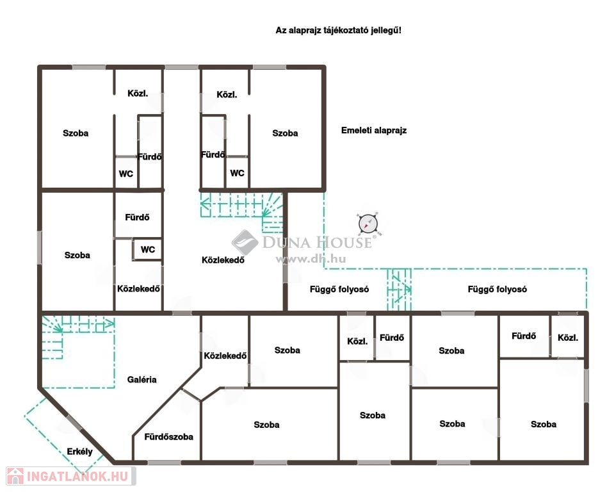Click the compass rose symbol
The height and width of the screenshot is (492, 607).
pos(368,224)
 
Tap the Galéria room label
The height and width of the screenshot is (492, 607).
pos(142,380)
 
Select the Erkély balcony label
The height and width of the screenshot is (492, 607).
pos(80,452)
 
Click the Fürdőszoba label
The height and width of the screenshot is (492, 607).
pos(168,437)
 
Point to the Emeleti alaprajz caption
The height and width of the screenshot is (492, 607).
pos(373,131)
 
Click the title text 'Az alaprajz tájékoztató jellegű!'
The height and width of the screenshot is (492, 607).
pos(338,30)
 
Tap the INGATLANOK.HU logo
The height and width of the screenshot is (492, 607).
pos(71,476)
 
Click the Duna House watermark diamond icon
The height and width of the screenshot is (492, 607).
pos(245,243)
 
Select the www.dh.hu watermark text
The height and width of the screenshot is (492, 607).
pos(311,259)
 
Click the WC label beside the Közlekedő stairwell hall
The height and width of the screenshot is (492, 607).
pos(147,249)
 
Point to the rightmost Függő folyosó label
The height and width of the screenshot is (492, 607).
pos(497,289)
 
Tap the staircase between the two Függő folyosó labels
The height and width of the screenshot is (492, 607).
pos(399,289)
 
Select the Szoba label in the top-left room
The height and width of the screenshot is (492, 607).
pos(76,133)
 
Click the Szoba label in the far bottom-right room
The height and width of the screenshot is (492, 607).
pos(544,424)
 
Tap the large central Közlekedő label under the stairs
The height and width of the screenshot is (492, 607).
pos(223,260)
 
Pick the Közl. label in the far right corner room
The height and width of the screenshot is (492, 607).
pos(568,338)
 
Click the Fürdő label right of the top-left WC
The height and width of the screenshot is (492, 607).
pos(150,157)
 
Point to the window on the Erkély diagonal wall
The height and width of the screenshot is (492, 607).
pos(74,423)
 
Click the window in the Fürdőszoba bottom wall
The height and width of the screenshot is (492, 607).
pos(164,462)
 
